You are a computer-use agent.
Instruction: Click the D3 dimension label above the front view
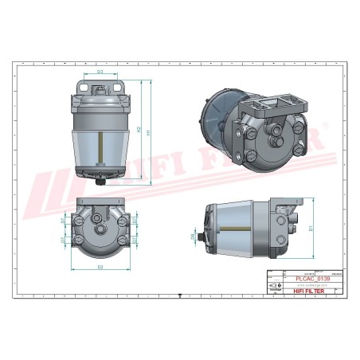(100, 72)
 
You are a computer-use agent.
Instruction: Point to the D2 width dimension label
(101, 267)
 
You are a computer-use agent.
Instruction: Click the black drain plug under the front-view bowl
(101, 180)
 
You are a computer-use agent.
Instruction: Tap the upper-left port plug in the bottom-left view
(82, 215)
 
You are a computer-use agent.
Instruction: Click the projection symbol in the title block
(273, 285)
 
